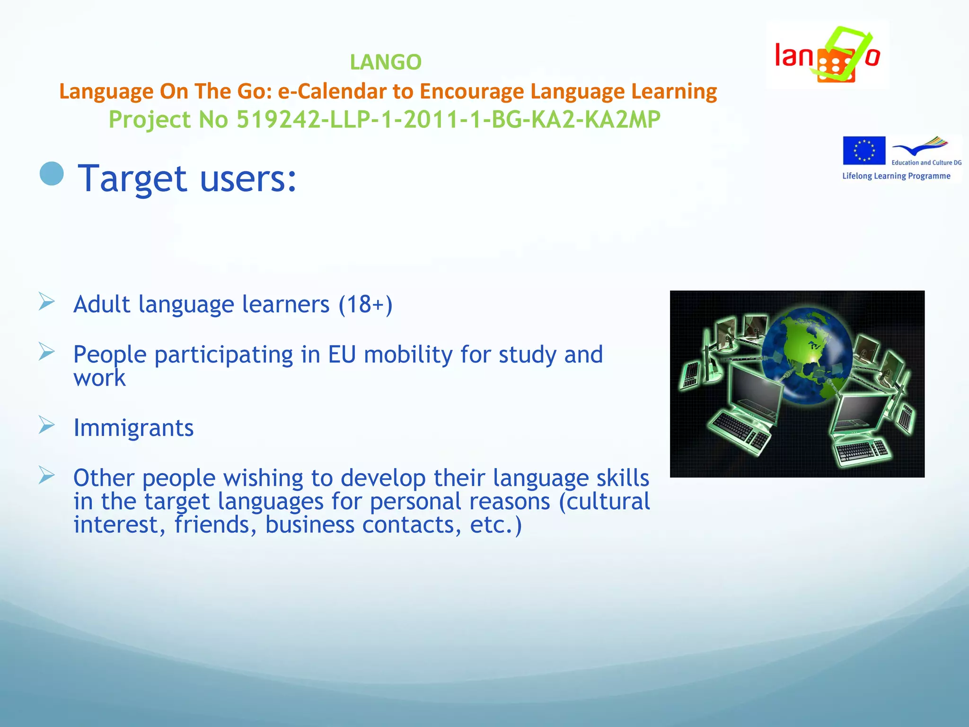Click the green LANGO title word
click(386, 62)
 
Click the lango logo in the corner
click(827, 55)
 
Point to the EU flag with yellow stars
click(863, 151)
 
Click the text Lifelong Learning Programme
click(896, 176)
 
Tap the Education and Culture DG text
click(926, 162)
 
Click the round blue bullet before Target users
click(52, 174)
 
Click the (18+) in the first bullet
click(365, 304)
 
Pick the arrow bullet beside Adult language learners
click(47, 301)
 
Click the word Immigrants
click(133, 428)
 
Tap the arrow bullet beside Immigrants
click(47, 425)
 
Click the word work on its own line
click(99, 378)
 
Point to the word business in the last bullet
click(309, 525)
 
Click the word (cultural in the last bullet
click(604, 502)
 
